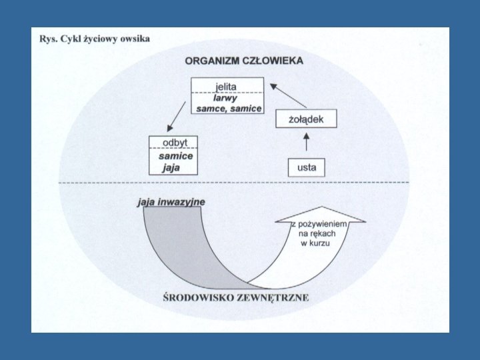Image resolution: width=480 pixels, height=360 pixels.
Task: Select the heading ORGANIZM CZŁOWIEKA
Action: point(244,61)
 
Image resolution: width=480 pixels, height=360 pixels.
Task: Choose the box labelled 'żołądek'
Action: point(306,119)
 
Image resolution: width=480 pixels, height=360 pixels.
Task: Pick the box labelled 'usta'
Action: point(306,167)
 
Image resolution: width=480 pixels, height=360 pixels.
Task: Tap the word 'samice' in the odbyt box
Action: point(176,155)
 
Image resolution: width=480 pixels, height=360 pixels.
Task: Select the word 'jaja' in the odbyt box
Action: point(171,167)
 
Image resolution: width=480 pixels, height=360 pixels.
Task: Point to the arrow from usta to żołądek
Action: point(306,143)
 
